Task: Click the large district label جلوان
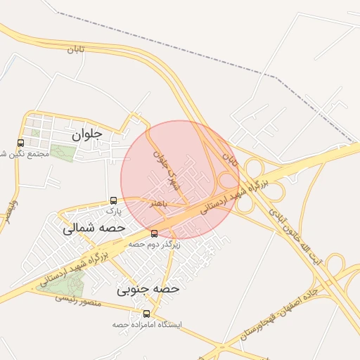[x=87, y=133]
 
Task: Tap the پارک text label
[x=114, y=210]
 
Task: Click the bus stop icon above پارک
[x=114, y=200]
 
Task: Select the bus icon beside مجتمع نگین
[x=20, y=143]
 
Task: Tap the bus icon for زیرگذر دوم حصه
[x=155, y=233]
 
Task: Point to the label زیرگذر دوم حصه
[x=155, y=244]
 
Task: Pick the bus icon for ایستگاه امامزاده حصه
[x=146, y=314]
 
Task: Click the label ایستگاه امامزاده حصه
[x=147, y=325]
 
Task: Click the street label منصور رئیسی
[x=79, y=300]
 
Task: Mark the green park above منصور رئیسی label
[x=69, y=283]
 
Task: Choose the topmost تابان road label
[x=76, y=49]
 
